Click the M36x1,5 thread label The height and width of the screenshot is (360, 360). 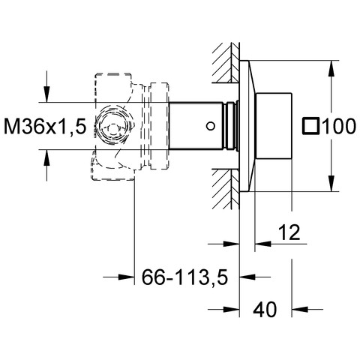click(x=45, y=126)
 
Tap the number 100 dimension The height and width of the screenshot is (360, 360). click(x=338, y=126)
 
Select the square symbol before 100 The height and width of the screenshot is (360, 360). click(x=310, y=126)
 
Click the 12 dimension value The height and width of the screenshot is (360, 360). click(x=289, y=232)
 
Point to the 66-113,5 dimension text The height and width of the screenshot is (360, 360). click(x=185, y=277)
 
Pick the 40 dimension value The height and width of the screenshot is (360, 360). click(x=265, y=309)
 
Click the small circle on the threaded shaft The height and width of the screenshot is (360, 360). click(x=211, y=126)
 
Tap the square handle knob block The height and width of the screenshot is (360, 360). click(x=274, y=126)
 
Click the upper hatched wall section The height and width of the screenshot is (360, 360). click(x=226, y=62)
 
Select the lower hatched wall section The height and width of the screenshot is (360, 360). click(x=226, y=189)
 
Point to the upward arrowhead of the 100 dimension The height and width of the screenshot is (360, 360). click(x=331, y=68)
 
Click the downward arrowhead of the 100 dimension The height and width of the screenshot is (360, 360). click(x=331, y=184)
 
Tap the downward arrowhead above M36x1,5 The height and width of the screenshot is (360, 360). click(x=46, y=94)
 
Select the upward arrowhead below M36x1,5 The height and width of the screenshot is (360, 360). click(x=46, y=157)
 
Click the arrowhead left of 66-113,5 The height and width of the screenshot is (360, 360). click(x=127, y=277)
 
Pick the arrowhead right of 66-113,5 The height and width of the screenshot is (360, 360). click(x=247, y=277)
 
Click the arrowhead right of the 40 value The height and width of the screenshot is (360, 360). click(x=300, y=309)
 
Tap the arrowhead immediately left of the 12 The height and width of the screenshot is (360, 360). click(x=262, y=243)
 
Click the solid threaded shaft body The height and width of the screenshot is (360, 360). click(x=196, y=126)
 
